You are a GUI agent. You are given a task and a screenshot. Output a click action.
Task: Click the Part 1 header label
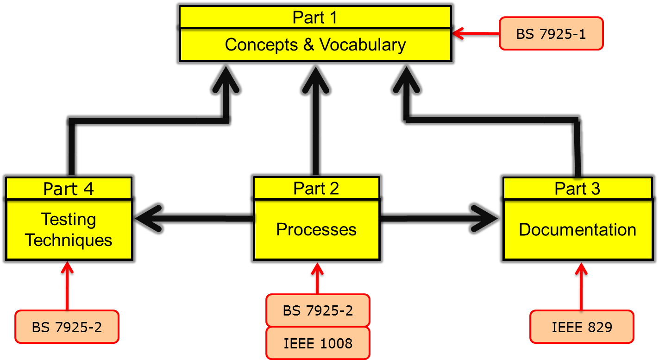tap(315, 18)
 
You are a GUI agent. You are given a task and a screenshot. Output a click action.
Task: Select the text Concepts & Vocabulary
tap(315, 45)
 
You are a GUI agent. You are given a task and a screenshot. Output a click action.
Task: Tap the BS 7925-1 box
tap(551, 34)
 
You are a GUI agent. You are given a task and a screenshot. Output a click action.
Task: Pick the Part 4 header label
tap(69, 189)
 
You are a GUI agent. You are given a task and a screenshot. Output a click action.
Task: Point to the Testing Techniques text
tap(69, 230)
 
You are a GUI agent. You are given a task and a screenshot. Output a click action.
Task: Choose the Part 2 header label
tap(316, 189)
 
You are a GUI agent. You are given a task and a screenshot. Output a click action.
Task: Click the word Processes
tap(316, 230)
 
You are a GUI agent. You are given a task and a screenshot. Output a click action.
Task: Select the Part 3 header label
tap(577, 189)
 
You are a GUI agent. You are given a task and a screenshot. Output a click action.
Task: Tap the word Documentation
tap(577, 230)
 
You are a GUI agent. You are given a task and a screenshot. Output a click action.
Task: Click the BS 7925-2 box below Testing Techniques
tap(67, 327)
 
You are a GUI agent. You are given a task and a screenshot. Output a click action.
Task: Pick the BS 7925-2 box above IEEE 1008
tap(318, 310)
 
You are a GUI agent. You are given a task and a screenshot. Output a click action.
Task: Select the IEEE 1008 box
tap(318, 343)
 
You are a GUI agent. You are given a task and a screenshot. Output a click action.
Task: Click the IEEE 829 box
tap(582, 327)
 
